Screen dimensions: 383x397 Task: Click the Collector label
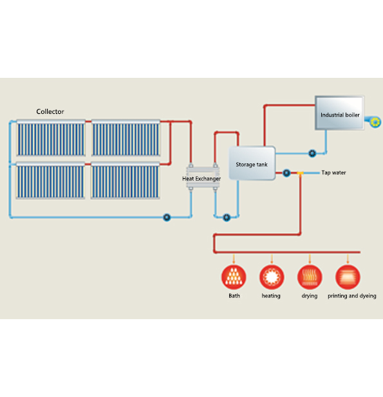point(50,112)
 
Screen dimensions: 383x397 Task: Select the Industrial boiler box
point(339,113)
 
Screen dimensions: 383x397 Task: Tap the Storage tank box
point(252,163)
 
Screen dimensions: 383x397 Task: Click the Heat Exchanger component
point(203,178)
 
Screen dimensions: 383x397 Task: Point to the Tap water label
point(333,172)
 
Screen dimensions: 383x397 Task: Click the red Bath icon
point(234,277)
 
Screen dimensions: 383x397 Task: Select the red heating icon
point(272,277)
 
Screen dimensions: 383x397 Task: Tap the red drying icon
point(310,277)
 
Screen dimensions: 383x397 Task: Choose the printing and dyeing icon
point(348,277)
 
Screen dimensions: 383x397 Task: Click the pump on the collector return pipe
point(167,217)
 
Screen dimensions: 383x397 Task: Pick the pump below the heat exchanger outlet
point(227,217)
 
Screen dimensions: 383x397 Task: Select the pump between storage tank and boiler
point(312,153)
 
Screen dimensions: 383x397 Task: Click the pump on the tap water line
point(286,173)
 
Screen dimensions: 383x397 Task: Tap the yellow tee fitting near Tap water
point(300,173)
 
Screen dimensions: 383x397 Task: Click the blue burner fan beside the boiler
point(373,122)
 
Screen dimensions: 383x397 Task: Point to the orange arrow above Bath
point(234,259)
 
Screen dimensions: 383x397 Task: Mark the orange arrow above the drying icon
point(310,259)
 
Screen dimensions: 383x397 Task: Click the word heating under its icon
point(271,296)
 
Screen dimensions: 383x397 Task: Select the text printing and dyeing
point(352,296)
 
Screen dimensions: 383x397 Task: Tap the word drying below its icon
point(309,296)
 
